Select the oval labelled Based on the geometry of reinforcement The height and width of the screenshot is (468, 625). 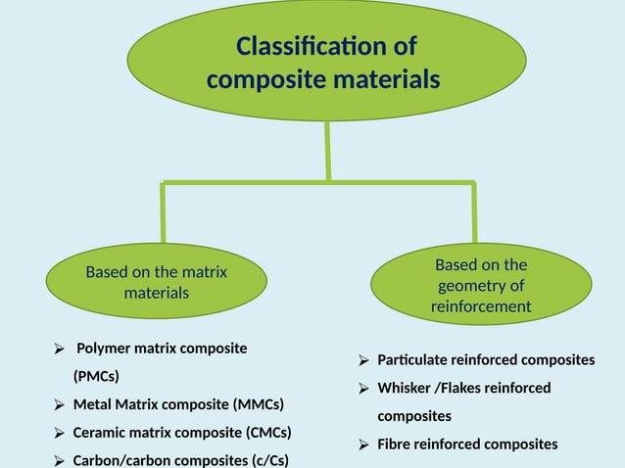tap(480, 285)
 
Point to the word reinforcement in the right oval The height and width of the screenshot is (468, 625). tap(481, 306)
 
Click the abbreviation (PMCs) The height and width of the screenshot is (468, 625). tap(96, 376)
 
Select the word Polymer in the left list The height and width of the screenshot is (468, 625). tap(105, 349)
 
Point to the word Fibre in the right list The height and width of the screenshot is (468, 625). tap(394, 445)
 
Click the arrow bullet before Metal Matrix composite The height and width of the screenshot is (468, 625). tap(59, 404)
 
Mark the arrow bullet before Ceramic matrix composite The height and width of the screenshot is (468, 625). tap(59, 432)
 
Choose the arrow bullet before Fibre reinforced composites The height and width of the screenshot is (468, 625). tap(363, 445)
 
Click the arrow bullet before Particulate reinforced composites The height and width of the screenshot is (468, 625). tap(363, 360)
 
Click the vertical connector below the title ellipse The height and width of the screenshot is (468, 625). tap(327, 153)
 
